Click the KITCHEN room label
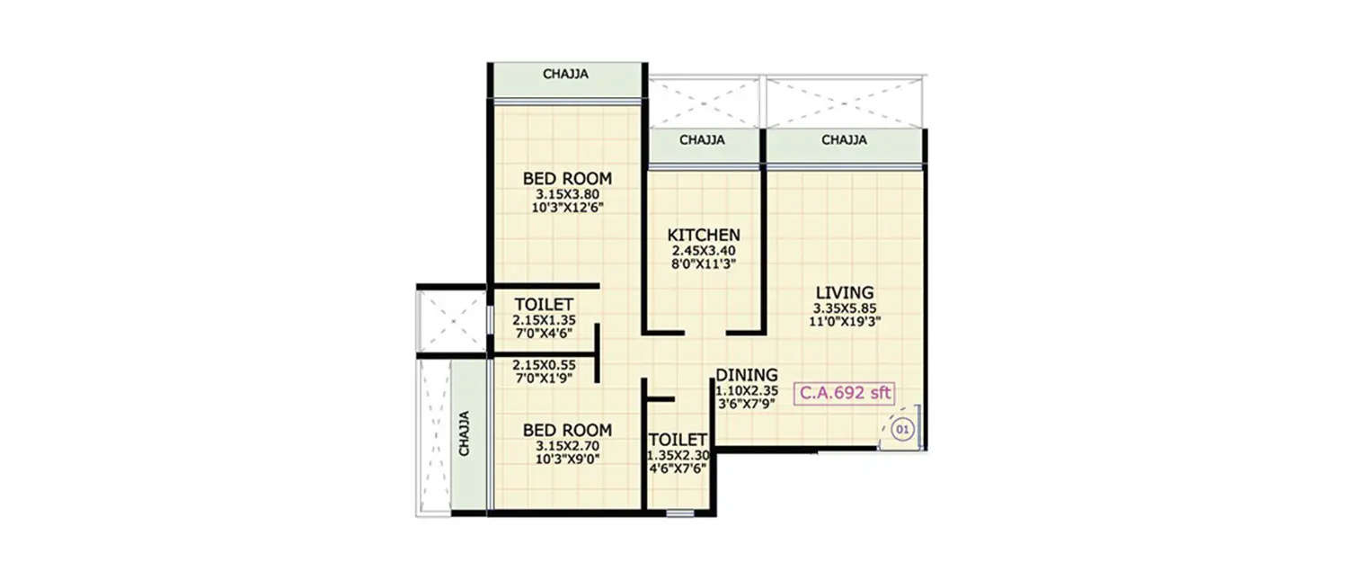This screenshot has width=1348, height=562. click(704, 235)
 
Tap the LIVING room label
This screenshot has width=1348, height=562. click(844, 292)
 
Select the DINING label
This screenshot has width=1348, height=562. click(747, 375)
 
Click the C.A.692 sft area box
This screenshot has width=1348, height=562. click(844, 393)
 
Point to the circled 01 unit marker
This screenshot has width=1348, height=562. click(903, 431)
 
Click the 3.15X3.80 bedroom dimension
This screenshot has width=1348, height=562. click(567, 194)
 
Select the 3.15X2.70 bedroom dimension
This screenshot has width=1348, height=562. click(567, 445)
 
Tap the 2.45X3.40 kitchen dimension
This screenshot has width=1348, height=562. click(704, 251)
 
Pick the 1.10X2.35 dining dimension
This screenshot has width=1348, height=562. click(747, 391)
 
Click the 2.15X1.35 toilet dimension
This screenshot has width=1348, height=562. click(543, 320)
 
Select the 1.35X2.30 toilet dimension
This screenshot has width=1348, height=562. click(678, 456)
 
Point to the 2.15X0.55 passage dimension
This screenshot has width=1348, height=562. click(543, 365)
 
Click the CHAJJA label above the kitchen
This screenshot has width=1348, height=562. click(702, 140)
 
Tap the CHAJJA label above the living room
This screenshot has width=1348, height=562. click(844, 140)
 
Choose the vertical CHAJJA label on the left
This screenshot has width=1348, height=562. click(465, 434)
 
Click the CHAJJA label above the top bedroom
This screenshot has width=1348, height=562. click(566, 75)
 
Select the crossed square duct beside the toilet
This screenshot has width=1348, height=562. click(451, 319)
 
